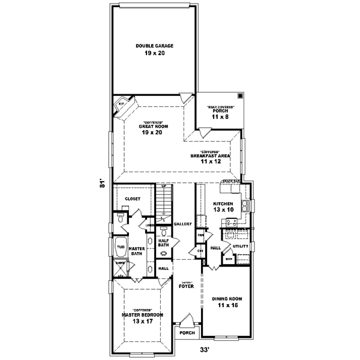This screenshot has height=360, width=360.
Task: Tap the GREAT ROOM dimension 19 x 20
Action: click(154, 133)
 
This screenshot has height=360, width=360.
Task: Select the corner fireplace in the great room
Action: click(122, 103)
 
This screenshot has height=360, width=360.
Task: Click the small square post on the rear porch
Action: click(239, 96)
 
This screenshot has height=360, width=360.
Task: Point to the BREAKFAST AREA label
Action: click(214, 155)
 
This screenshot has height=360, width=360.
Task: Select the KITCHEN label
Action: click(223, 204)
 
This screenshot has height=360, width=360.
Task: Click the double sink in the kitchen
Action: click(246, 208)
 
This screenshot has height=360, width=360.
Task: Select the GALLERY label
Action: click(182, 224)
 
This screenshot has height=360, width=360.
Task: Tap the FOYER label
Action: click(185, 286)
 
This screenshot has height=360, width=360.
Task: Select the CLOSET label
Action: click(132, 199)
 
